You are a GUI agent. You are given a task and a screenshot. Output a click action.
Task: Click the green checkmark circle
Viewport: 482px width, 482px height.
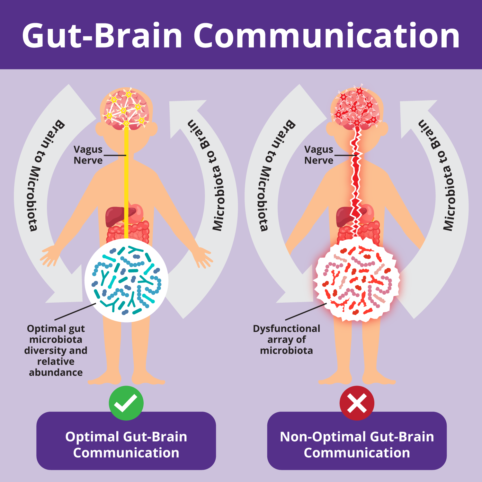pos(126,403)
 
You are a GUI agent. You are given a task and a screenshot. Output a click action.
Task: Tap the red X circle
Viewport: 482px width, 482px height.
pos(357,403)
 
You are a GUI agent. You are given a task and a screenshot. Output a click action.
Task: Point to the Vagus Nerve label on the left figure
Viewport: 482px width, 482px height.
pos(88,155)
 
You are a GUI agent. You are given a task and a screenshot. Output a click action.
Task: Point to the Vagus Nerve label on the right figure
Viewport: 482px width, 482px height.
pos(319,155)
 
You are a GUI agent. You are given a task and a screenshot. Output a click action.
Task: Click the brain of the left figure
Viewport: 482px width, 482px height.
pos(126,109)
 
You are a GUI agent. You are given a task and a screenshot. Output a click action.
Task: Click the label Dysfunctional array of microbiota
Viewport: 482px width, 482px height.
pos(287,339)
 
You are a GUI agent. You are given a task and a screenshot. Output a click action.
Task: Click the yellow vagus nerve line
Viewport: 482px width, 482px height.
pos(126,180)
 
